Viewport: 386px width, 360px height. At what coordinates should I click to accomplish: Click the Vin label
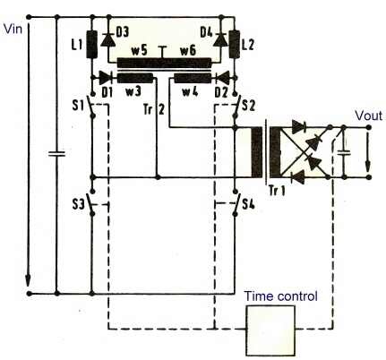coord(13,29)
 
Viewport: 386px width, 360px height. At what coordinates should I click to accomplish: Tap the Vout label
coord(368,116)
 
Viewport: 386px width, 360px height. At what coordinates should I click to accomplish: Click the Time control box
coord(270,330)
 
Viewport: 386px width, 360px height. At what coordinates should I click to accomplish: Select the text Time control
coord(280,296)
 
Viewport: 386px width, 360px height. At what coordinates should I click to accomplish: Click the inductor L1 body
coord(92,44)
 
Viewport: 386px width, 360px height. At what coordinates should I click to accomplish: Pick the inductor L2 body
coord(235,44)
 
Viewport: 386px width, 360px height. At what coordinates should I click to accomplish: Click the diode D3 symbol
coord(108,39)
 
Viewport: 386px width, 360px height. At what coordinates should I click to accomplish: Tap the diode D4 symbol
coord(221,39)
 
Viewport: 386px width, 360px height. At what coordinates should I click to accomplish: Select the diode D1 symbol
coord(105,78)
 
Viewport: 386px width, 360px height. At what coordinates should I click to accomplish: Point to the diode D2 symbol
coord(222,78)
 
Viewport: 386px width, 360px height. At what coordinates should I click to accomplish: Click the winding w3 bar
coord(135,79)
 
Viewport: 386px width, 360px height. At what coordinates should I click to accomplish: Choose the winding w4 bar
coord(193,79)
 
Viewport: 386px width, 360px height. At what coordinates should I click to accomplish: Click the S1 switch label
coord(78,106)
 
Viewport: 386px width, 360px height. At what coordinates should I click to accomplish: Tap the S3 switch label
coord(78,204)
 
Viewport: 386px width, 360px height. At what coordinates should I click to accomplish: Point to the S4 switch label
coord(248,204)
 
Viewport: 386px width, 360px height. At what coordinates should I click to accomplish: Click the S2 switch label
coord(249,106)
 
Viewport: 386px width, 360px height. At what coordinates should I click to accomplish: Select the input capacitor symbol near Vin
coord(56,154)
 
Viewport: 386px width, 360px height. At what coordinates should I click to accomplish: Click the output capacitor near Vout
coord(344,152)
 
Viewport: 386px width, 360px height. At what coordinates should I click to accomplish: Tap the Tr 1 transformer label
coord(277,190)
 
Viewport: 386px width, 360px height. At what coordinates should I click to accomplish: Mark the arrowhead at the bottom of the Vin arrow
coord(28,280)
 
